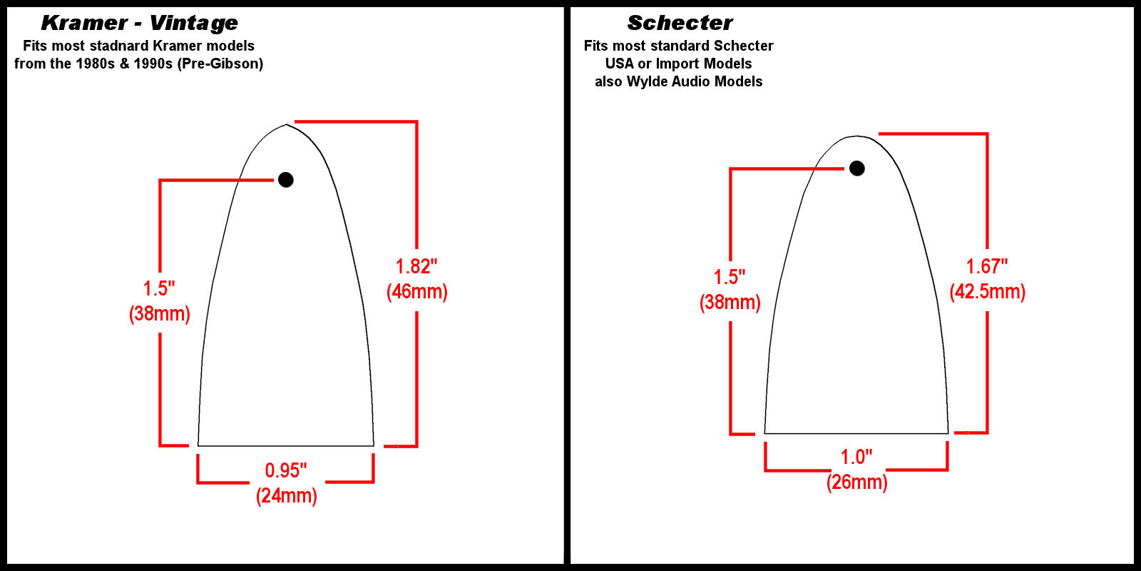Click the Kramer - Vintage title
[x=139, y=23]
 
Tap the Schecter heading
[x=680, y=23]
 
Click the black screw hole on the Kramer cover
[x=286, y=179]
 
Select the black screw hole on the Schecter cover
[x=856, y=168]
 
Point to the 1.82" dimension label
[x=416, y=266]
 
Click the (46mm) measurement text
[x=417, y=292]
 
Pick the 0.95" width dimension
[x=286, y=470]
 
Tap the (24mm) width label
[x=286, y=495]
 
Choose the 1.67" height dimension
[x=987, y=266]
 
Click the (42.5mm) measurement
[x=988, y=292]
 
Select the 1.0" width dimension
[x=856, y=457]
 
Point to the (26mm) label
[x=856, y=482]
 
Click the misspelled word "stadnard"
[x=121, y=46]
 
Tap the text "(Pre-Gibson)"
[x=220, y=64]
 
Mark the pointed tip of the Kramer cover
[x=286, y=124]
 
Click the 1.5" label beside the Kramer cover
[x=159, y=288]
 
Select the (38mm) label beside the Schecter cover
[x=730, y=303]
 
